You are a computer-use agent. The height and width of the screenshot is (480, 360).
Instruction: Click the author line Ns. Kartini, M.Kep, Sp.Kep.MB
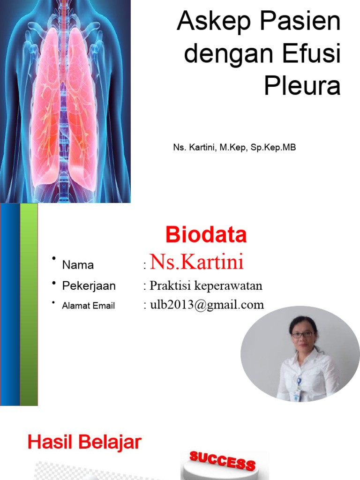tap(234, 148)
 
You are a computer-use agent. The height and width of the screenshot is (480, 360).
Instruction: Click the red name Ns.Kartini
tap(196, 262)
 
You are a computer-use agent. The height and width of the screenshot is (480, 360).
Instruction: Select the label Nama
tap(78, 265)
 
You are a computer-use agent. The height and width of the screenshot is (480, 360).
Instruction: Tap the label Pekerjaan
tap(89, 286)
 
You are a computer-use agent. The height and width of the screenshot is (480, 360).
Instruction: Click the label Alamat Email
tap(88, 306)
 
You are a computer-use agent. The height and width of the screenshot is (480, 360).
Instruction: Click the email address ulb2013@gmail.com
tap(207, 305)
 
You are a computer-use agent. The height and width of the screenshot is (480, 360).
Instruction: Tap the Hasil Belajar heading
tap(84, 442)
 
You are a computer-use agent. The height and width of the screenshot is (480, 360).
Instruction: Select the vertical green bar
tap(29, 305)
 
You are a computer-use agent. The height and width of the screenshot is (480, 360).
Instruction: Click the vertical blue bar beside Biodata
tap(10, 305)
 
